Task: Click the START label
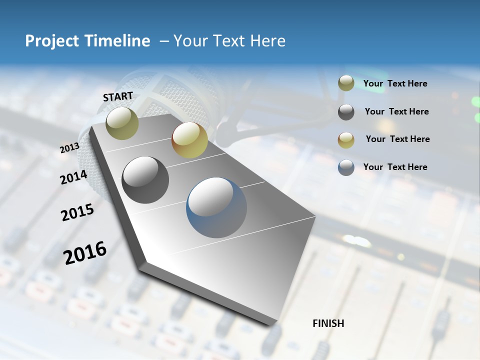[x=118, y=96]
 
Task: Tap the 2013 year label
[x=69, y=148]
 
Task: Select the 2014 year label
[x=73, y=177]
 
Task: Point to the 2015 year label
[x=77, y=212]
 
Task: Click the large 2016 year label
[x=85, y=252]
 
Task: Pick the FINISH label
[x=328, y=323]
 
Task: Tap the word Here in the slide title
[x=267, y=41]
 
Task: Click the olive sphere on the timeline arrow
[x=122, y=123]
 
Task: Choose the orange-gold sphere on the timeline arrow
[x=189, y=140]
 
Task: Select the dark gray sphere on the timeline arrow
[x=145, y=180]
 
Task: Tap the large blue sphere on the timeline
[x=216, y=207]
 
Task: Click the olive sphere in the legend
[x=346, y=83]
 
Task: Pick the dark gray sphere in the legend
[x=346, y=112]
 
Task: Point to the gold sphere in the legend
[x=346, y=140]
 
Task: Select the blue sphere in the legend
[x=346, y=167]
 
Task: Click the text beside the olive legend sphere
[x=395, y=84]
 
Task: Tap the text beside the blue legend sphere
[x=395, y=167]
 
